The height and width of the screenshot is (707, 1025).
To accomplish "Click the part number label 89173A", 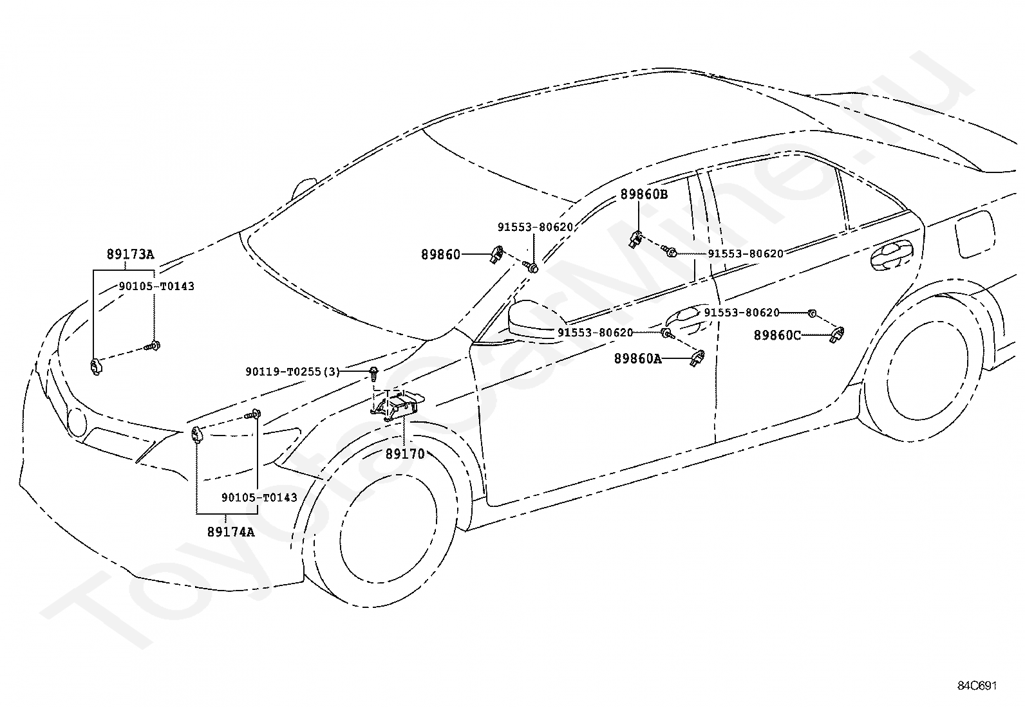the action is (x=131, y=254).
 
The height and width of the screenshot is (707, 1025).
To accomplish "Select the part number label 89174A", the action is (x=230, y=532).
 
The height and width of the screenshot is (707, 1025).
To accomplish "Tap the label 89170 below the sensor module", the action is (x=405, y=454).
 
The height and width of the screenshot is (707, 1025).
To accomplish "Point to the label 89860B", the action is (x=644, y=194).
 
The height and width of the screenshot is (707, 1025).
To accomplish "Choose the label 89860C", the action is (x=778, y=335).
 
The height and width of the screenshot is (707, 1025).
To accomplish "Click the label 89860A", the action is (x=638, y=358).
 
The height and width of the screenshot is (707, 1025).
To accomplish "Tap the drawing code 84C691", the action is (x=977, y=686).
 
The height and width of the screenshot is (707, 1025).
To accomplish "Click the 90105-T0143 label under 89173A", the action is (x=156, y=286).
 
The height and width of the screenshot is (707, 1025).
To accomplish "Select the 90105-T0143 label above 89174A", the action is (x=259, y=497).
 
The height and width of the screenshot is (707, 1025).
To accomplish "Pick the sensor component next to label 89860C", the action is (x=838, y=335).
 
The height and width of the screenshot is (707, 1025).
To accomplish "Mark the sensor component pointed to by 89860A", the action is (x=697, y=358).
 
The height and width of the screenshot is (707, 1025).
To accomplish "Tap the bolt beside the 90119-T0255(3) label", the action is (x=374, y=374).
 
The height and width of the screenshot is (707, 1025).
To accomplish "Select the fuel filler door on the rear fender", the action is (x=975, y=234).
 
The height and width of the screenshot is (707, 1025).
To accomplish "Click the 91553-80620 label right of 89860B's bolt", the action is (x=746, y=254).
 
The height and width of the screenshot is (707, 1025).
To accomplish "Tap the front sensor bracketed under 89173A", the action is (x=96, y=367).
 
